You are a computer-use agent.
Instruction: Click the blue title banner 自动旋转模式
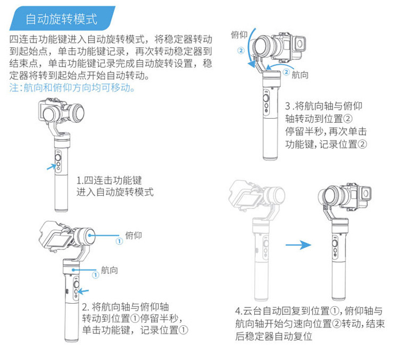[x=61, y=19]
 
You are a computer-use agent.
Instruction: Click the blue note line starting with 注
[x=72, y=87]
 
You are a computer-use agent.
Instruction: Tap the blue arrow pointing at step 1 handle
[x=51, y=166]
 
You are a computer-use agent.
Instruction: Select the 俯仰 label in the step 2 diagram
[x=134, y=234]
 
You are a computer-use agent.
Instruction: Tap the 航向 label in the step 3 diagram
[x=300, y=75]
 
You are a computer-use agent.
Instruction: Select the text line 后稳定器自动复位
[x=273, y=337]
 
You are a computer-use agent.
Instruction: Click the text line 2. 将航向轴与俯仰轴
[x=126, y=307]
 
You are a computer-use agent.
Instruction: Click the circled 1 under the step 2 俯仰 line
[x=119, y=241]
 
